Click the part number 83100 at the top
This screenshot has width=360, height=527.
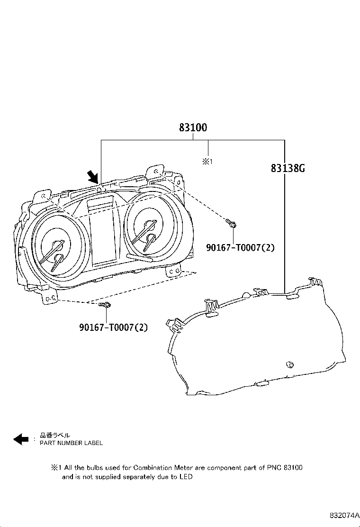click(x=193, y=128)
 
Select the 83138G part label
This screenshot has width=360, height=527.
click(x=288, y=168)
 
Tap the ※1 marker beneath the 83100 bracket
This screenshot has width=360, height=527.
click(x=208, y=162)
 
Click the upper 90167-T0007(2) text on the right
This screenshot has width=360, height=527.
click(x=240, y=247)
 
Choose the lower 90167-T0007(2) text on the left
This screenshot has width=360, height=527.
click(x=114, y=327)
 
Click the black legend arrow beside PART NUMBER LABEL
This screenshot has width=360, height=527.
click(x=21, y=439)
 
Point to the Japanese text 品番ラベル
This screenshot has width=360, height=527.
click(x=54, y=436)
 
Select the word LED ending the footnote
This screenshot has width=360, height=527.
click(x=186, y=477)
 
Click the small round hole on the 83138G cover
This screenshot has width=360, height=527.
click(x=288, y=364)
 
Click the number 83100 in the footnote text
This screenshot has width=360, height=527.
click(x=293, y=467)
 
